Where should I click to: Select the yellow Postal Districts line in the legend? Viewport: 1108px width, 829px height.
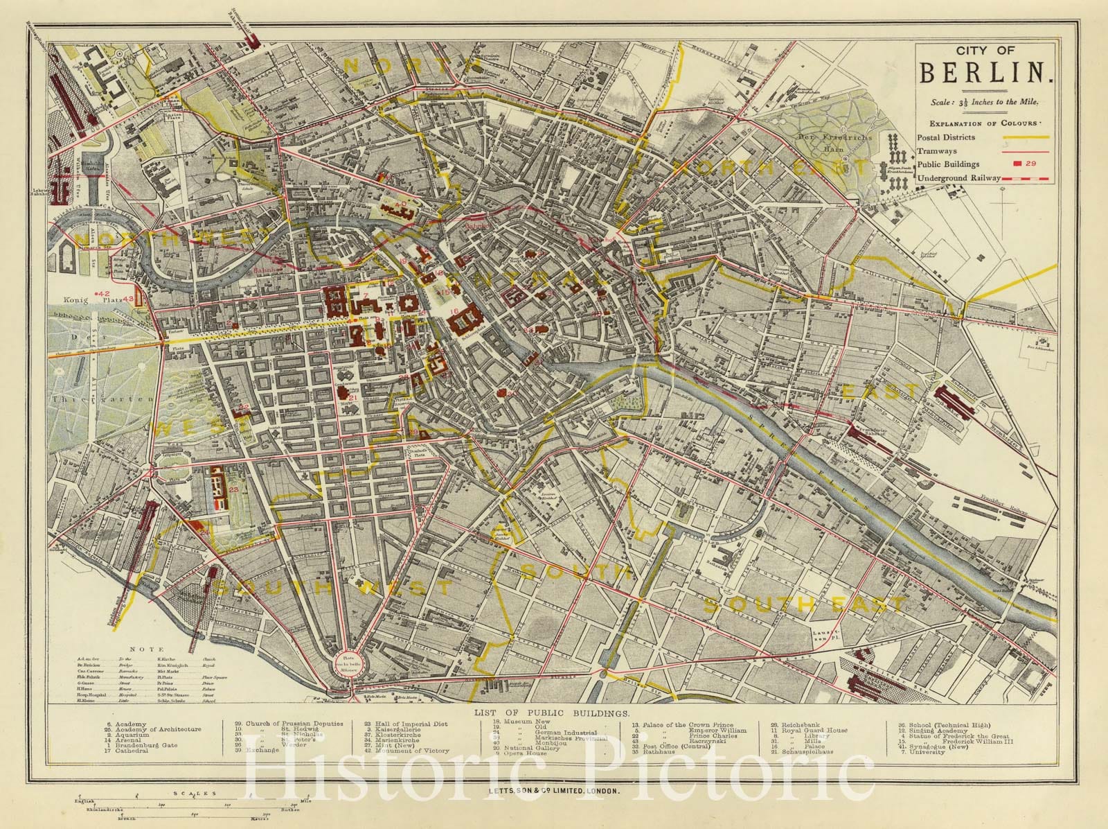(x=1025, y=137)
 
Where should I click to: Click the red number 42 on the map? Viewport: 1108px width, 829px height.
(x=105, y=294)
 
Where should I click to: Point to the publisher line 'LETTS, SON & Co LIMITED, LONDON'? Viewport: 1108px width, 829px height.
(x=551, y=791)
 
